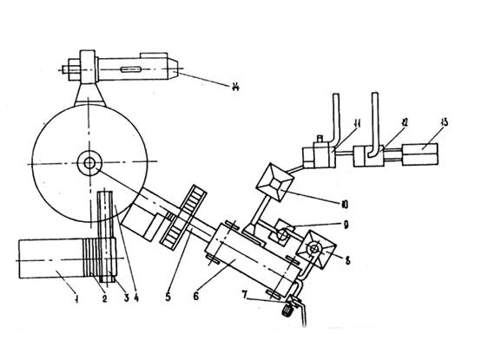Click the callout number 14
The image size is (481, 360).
click(x=235, y=87)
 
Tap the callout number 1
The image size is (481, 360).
click(x=76, y=298)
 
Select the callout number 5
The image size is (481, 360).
click(x=168, y=297)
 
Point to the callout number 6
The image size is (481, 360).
click(x=195, y=296)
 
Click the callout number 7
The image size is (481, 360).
click(x=245, y=295)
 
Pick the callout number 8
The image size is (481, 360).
click(x=347, y=260)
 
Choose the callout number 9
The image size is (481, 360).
click(x=346, y=226)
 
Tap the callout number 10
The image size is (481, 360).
click(x=345, y=205)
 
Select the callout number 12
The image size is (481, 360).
click(x=405, y=122)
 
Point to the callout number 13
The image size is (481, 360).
click(x=444, y=122)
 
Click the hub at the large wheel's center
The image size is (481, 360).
click(x=89, y=163)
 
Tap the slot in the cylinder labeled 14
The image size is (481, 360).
click(x=131, y=69)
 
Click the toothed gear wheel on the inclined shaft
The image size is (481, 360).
click(x=183, y=217)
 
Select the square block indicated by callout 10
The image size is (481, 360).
click(x=274, y=183)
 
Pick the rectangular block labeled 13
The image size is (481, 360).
click(x=420, y=154)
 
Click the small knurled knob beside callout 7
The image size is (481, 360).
click(x=287, y=312)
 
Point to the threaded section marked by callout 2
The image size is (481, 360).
click(x=92, y=258)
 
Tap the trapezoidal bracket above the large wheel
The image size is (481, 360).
click(x=90, y=95)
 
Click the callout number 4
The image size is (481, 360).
click(x=136, y=298)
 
